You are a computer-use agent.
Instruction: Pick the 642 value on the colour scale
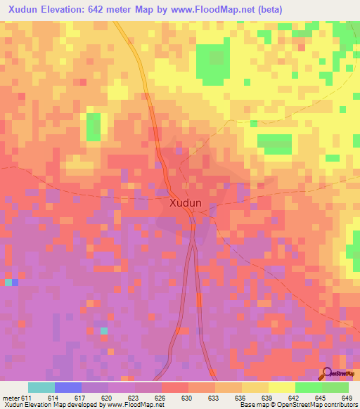[x=294, y=397]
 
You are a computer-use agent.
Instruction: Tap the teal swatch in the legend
[x=41, y=387]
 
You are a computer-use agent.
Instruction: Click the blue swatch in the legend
[x=68, y=387]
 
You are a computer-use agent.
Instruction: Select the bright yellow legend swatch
[x=281, y=387]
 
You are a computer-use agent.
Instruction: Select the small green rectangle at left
[x=93, y=126]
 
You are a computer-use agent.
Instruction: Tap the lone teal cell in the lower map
[x=104, y=330]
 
